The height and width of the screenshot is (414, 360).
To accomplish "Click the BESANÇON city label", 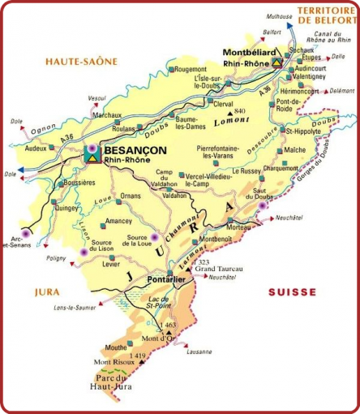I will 135,150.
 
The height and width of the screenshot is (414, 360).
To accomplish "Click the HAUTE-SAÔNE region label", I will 81,61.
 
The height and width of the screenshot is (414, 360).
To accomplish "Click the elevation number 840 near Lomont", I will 238,110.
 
